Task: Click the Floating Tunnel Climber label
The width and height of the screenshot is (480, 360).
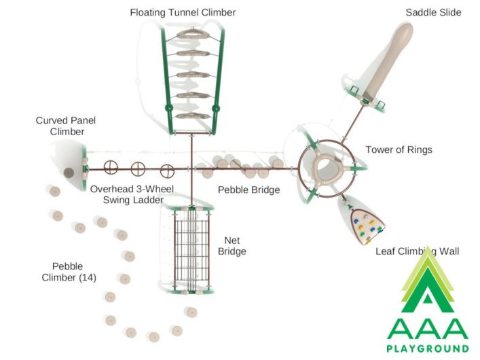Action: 183,12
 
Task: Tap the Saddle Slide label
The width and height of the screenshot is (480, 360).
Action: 433,12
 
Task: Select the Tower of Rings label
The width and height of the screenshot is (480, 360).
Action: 399,150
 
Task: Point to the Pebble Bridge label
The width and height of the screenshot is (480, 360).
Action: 248,190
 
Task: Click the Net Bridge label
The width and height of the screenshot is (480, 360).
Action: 232,246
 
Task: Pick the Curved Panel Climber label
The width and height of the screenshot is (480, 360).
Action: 66,126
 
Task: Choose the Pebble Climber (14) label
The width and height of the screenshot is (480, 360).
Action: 69,272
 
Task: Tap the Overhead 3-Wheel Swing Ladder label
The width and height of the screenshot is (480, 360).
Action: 132,194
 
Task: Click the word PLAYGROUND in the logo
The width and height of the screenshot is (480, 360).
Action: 428,348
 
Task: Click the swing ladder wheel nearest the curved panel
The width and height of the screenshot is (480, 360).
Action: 111,167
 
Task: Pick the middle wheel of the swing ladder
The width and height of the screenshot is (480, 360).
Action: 138,169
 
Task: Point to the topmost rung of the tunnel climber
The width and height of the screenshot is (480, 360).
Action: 193,33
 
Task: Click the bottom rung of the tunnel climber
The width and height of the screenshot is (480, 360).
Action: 193,116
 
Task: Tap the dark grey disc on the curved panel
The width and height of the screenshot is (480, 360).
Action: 69,173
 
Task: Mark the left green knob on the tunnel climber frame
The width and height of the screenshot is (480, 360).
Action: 168,108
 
